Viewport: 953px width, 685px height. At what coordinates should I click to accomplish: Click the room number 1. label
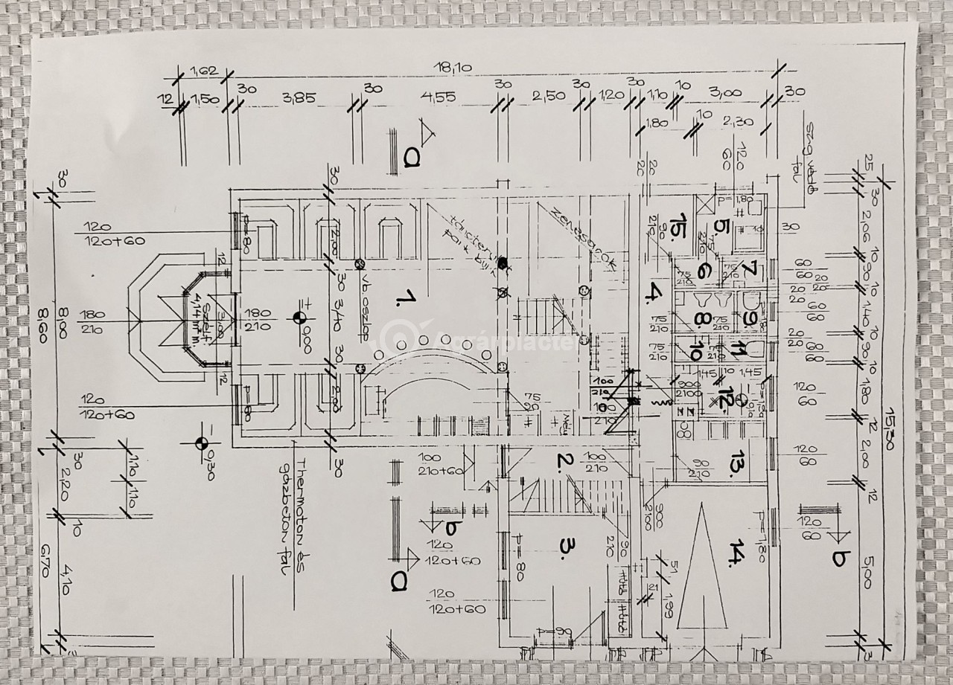(407, 300)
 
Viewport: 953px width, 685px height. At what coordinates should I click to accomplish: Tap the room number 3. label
(567, 548)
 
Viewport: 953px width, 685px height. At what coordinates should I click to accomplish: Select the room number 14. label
(738, 553)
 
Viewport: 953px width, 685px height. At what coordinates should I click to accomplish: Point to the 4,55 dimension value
(437, 97)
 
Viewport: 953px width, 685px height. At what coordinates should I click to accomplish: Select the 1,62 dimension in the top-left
(203, 72)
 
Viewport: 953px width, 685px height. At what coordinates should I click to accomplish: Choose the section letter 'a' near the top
(410, 156)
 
